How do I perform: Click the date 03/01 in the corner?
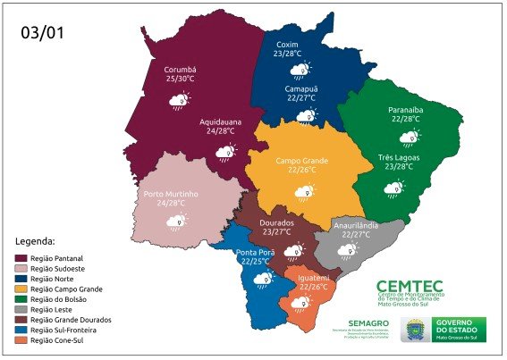pyautogui.click(x=43, y=35)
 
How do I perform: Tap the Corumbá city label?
pyautogui.click(x=181, y=70)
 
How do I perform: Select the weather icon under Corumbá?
pyautogui.click(x=180, y=101)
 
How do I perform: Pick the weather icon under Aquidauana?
pyautogui.click(x=224, y=153)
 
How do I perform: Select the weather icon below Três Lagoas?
pyautogui.click(x=393, y=188)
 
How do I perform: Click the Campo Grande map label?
pyautogui.click(x=301, y=161)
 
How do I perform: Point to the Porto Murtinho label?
pyautogui.click(x=171, y=194)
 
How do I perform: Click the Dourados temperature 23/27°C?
pyautogui.click(x=277, y=231)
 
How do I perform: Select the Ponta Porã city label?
pyautogui.click(x=255, y=252)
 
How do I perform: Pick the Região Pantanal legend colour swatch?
pyautogui.click(x=21, y=257)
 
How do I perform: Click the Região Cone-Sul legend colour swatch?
pyautogui.click(x=21, y=340)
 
